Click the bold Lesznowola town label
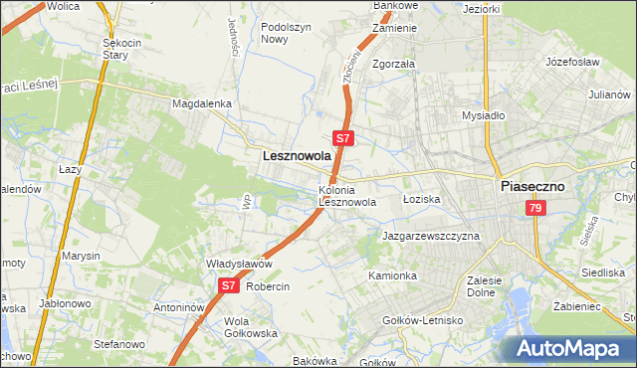(296, 156)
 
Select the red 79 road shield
(535, 208)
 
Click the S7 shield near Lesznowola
(342, 138)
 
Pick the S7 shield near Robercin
(228, 285)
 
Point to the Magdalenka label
(201, 103)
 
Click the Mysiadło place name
(485, 115)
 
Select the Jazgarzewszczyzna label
(431, 237)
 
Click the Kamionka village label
(391, 275)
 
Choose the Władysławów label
(239, 264)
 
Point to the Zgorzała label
(393, 63)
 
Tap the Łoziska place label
(421, 199)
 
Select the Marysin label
(82, 256)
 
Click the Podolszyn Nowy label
(288, 33)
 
